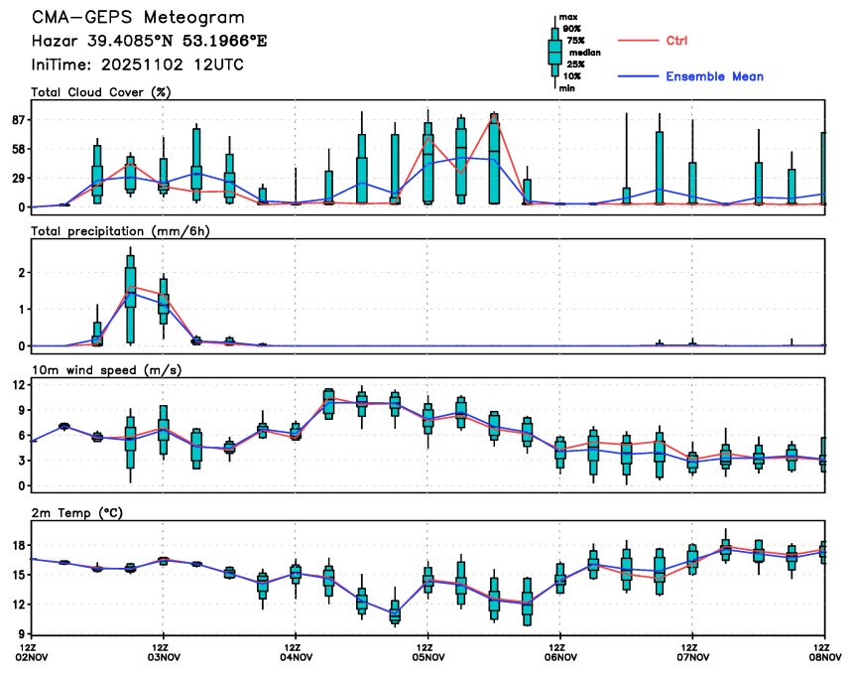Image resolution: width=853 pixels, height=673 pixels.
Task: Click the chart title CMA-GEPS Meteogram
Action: [138, 18]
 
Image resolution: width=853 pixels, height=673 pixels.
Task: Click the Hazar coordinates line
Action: [149, 41]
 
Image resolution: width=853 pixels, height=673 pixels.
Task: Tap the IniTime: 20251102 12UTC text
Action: [138, 65]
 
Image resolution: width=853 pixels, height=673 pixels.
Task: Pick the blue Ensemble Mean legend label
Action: [714, 76]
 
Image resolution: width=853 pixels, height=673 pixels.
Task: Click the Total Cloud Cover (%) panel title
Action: [101, 92]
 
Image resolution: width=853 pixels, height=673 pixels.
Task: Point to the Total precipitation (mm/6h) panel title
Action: [123, 231]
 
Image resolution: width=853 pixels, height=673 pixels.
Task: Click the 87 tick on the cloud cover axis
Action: [18, 119]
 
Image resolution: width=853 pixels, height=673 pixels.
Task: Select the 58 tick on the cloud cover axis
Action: [18, 149]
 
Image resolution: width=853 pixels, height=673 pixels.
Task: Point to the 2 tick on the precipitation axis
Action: [22, 272]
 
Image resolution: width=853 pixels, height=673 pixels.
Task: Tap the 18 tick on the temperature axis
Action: [19, 545]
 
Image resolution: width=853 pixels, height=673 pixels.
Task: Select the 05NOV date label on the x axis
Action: [427, 656]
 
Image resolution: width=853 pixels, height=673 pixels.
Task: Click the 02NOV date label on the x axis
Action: [33, 656]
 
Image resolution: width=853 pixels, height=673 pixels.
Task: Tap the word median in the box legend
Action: [584, 53]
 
